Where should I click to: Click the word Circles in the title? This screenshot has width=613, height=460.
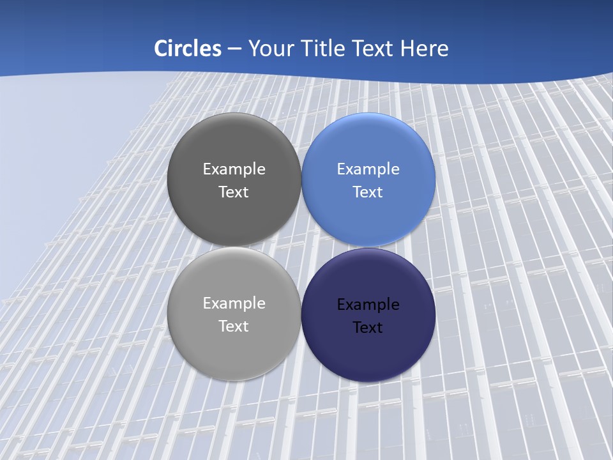coord(188,49)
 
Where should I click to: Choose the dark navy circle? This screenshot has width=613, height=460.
coord(368,355)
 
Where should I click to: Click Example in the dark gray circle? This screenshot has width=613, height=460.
coord(234,169)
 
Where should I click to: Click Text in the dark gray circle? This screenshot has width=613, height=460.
coord(234,192)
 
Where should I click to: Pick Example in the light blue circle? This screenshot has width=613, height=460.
coord(368,169)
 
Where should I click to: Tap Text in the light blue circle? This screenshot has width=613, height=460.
coord(368,192)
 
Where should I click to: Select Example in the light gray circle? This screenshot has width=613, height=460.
coord(234,303)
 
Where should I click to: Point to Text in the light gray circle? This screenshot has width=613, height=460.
coord(234,326)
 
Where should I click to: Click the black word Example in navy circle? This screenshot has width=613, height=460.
coord(368,305)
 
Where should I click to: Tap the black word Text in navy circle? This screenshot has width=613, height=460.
coord(368,328)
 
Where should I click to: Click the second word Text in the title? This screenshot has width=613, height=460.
coord(374,49)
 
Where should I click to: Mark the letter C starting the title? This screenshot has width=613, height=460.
coord(160,49)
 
